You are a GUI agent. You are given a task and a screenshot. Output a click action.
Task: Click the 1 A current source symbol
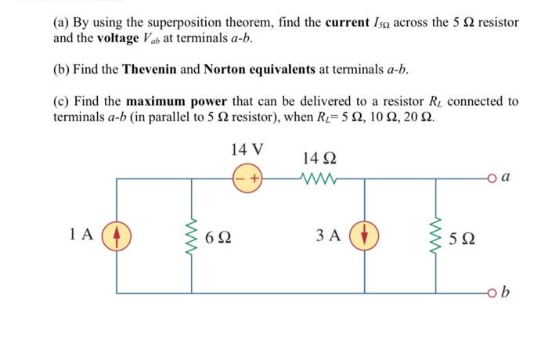(x=117, y=233)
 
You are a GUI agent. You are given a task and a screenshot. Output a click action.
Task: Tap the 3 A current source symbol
(x=366, y=233)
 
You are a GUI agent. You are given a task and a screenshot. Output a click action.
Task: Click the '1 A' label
(x=80, y=233)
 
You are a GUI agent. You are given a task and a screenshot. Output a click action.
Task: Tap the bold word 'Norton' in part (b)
(x=225, y=69)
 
